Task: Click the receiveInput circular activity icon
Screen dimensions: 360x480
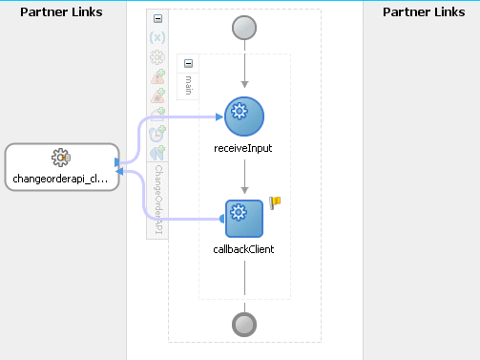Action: (x=244, y=116)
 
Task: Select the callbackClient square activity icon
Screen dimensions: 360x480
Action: (x=244, y=219)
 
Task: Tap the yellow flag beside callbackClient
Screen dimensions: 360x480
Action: (x=276, y=201)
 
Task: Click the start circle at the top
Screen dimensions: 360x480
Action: (x=244, y=28)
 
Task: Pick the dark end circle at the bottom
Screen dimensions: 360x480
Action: (x=244, y=325)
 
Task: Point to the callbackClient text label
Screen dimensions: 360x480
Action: (x=244, y=251)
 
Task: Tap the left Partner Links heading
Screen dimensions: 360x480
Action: (x=61, y=11)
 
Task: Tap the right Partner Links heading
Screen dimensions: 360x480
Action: (x=422, y=11)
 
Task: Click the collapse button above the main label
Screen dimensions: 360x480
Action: (x=188, y=63)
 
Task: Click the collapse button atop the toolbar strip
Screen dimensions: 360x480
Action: (x=157, y=18)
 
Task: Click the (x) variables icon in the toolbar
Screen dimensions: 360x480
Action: (x=157, y=37)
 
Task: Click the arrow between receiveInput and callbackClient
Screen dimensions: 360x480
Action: (x=244, y=177)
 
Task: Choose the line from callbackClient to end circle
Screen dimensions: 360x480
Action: (x=244, y=282)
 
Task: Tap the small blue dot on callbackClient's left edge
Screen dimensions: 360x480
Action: (x=223, y=219)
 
